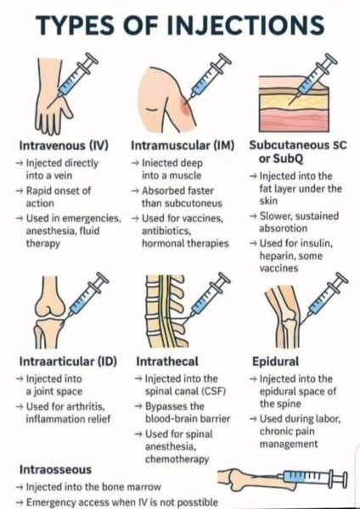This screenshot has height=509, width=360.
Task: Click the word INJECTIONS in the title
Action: pos(245,25)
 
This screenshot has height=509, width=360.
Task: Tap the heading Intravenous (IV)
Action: pos(64,145)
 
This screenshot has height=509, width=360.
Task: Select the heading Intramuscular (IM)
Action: pos(183,145)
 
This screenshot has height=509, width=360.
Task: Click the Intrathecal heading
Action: pos(167,361)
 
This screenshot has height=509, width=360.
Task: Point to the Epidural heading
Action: pos(276,361)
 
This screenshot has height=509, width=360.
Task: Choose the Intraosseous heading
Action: pos(55,470)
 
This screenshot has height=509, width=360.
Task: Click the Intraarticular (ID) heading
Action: pos(68,361)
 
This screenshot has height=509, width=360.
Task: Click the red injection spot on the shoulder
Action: pos(185,107)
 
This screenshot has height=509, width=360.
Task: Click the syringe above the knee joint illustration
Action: pos(87,296)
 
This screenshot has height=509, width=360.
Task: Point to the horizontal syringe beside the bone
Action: pos(313,477)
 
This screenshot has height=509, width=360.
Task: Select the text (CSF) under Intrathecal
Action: pos(214,391)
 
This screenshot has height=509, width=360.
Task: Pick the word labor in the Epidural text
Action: pos(327,419)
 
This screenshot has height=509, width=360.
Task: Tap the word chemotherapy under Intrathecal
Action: pos(177,460)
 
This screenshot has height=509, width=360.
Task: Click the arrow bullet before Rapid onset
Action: pos(20,191)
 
